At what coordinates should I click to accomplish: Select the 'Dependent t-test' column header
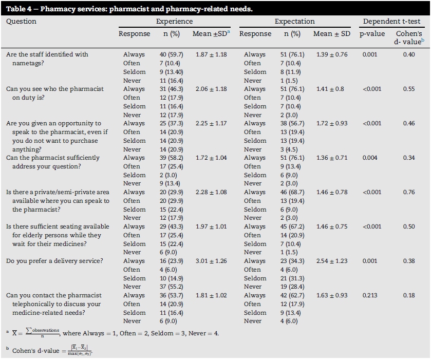[x=391, y=22]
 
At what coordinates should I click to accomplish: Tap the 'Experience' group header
[x=174, y=22]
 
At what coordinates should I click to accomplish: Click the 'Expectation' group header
[x=294, y=22]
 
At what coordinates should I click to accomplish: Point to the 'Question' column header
[x=21, y=22]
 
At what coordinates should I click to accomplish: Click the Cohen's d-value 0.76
[x=409, y=192]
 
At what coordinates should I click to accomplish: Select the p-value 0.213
[x=370, y=295]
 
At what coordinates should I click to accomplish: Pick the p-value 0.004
[x=370, y=158]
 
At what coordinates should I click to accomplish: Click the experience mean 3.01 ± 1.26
[x=211, y=261]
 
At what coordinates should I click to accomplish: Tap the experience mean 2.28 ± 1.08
[x=211, y=192]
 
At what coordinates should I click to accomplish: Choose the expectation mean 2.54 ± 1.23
[x=331, y=261]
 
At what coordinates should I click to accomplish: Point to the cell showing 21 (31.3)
[x=291, y=278]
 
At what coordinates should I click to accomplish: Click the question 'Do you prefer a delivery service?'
[x=54, y=261]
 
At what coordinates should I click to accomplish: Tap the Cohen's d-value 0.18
[x=409, y=295]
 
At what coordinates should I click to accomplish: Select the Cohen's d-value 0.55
[x=409, y=89]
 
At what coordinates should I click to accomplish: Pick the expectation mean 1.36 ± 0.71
[x=331, y=158]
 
